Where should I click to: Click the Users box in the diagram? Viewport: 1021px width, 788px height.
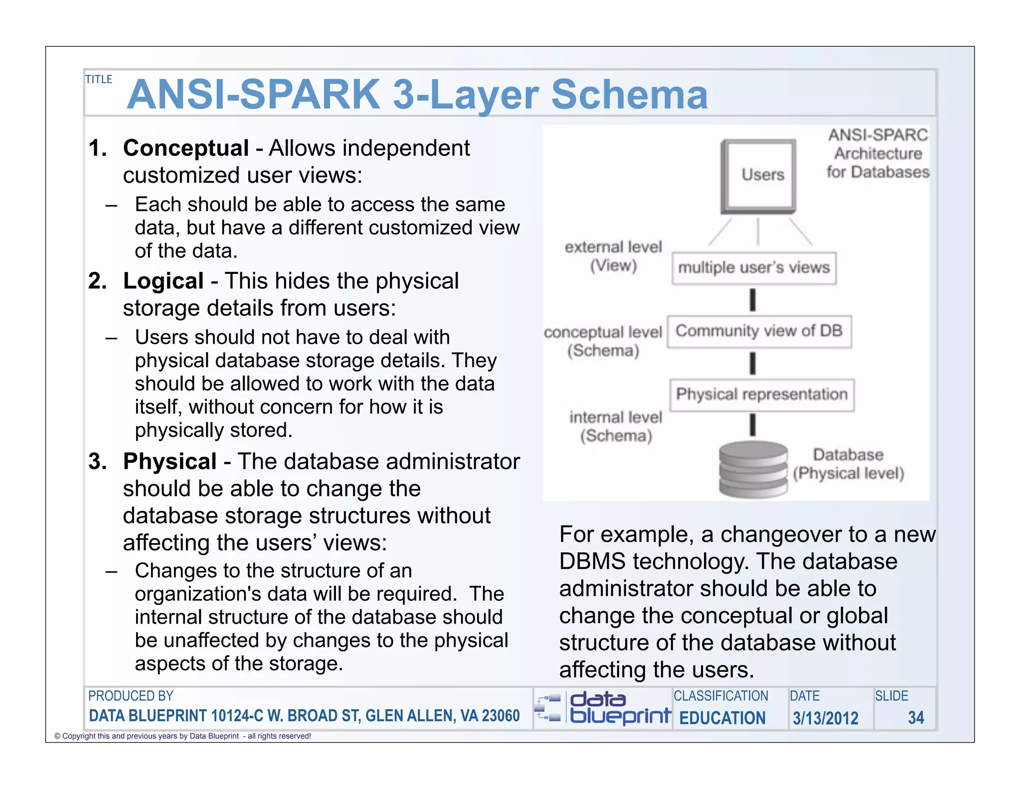tap(758, 175)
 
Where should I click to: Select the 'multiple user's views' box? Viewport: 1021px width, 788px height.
tap(754, 268)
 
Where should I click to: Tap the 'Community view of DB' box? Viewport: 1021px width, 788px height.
tap(759, 331)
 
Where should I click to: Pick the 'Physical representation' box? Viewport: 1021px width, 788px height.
tap(762, 394)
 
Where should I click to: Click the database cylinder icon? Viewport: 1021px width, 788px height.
tap(753, 469)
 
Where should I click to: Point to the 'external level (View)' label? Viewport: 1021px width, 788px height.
tap(613, 256)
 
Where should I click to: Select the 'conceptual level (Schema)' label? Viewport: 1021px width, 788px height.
tap(603, 341)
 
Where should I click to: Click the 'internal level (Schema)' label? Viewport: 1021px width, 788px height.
tap(616, 426)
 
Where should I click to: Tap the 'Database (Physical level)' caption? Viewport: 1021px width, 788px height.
tap(849, 464)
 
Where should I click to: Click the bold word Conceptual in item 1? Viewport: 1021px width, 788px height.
tap(186, 148)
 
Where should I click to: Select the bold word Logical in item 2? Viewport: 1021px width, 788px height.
tap(164, 281)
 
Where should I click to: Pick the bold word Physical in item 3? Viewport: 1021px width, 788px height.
tap(170, 461)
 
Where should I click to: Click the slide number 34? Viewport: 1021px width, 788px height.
tap(916, 718)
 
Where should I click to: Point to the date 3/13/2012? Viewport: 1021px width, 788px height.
tap(826, 718)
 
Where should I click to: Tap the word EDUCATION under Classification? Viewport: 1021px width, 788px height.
tap(722, 718)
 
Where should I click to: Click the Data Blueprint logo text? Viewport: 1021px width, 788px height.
tap(620, 708)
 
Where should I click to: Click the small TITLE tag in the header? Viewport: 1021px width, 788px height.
tap(99, 79)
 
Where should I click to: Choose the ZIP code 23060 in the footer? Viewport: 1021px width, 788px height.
tap(501, 716)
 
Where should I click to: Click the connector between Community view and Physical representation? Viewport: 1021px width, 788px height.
tap(753, 364)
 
